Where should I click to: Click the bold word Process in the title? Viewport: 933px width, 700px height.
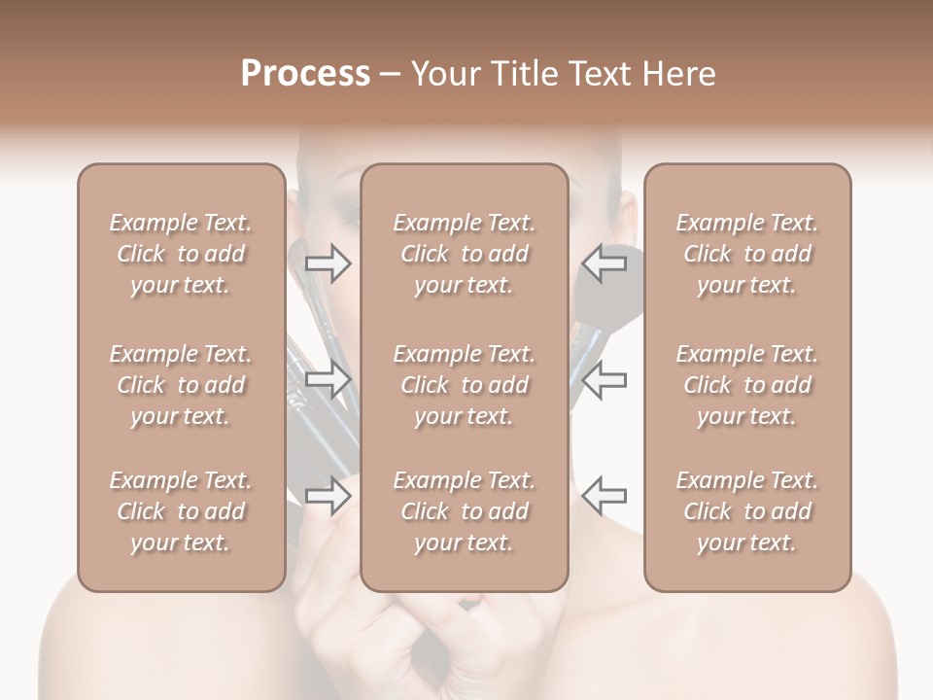click(305, 74)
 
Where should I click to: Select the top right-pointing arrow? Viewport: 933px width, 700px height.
click(328, 262)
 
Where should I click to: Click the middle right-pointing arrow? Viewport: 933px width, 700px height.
click(328, 379)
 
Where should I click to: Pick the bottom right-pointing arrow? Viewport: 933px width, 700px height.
click(328, 496)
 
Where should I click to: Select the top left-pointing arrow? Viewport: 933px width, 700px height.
click(604, 262)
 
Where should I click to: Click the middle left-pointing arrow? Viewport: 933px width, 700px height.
click(604, 379)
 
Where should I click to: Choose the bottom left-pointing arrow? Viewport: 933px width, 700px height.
click(604, 496)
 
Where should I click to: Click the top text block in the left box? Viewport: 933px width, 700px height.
click(181, 254)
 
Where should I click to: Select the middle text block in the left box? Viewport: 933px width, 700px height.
click(181, 385)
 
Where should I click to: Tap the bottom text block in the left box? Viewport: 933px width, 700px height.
click(181, 511)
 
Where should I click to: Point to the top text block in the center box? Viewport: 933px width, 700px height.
click(465, 254)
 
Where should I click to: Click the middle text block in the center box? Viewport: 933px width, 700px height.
click(465, 385)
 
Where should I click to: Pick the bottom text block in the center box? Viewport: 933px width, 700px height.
click(465, 511)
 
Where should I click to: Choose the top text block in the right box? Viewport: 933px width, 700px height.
click(747, 254)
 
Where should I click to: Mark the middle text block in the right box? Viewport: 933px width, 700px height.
click(747, 385)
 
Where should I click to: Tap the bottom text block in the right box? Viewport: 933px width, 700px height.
click(747, 511)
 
